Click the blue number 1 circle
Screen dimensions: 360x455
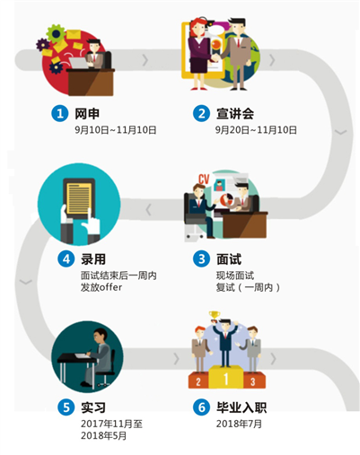pyautogui.click(x=60, y=113)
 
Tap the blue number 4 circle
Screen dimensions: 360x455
pyautogui.click(x=66, y=258)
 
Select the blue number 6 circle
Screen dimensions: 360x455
pyautogui.click(x=201, y=407)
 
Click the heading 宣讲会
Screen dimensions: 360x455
pyautogui.click(x=235, y=114)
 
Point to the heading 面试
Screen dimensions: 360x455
pyautogui.click(x=229, y=259)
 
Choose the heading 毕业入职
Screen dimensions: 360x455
pyautogui.click(x=241, y=407)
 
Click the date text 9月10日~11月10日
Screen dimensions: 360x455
pyautogui.click(x=116, y=130)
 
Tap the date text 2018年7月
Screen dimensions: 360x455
pyautogui.click(x=239, y=424)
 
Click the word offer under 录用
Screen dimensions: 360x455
pyautogui.click(x=110, y=287)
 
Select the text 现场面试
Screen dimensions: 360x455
pyautogui.click(x=235, y=276)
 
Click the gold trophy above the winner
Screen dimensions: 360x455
pyautogui.click(x=215, y=316)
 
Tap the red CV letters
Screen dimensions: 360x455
pyautogui.click(x=204, y=179)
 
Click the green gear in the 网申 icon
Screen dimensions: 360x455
pyautogui.click(x=56, y=33)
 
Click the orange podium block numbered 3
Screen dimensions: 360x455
pyautogui.click(x=254, y=381)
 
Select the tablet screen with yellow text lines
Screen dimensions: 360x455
pyautogui.click(x=79, y=198)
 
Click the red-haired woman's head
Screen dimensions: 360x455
pyautogui.click(x=197, y=26)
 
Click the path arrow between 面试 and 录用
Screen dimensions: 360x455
pyautogui.click(x=148, y=210)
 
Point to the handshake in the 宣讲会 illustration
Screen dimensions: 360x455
pyautogui.click(x=215, y=57)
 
